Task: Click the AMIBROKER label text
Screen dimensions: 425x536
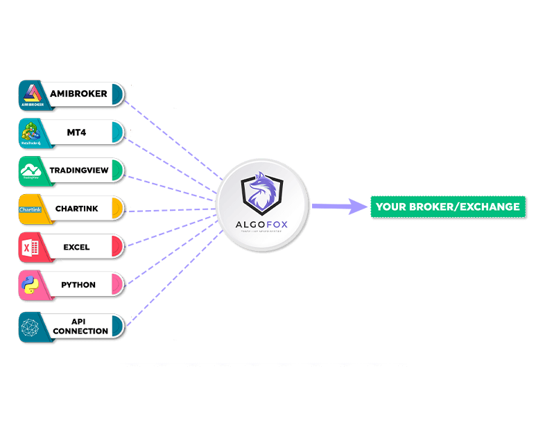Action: point(78,94)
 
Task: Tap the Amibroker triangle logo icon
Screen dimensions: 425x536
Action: point(31,94)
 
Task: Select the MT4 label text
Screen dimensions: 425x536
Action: point(77,132)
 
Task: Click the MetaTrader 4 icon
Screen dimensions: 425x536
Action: point(31,132)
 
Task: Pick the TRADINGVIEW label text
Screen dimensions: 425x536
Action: point(78,170)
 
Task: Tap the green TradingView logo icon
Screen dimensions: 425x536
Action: point(31,171)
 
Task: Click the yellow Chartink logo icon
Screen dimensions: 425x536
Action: point(31,209)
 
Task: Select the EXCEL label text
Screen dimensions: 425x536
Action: point(76,247)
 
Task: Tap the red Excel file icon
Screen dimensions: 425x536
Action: point(31,248)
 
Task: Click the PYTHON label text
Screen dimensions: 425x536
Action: point(78,285)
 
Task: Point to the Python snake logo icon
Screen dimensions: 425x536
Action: point(31,285)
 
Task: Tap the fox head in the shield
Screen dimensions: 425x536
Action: point(261,192)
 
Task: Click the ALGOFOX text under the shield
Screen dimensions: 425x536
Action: point(261,222)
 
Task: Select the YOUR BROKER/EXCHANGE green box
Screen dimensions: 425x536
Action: point(447,207)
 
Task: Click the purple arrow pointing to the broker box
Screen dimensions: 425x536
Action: point(340,206)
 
